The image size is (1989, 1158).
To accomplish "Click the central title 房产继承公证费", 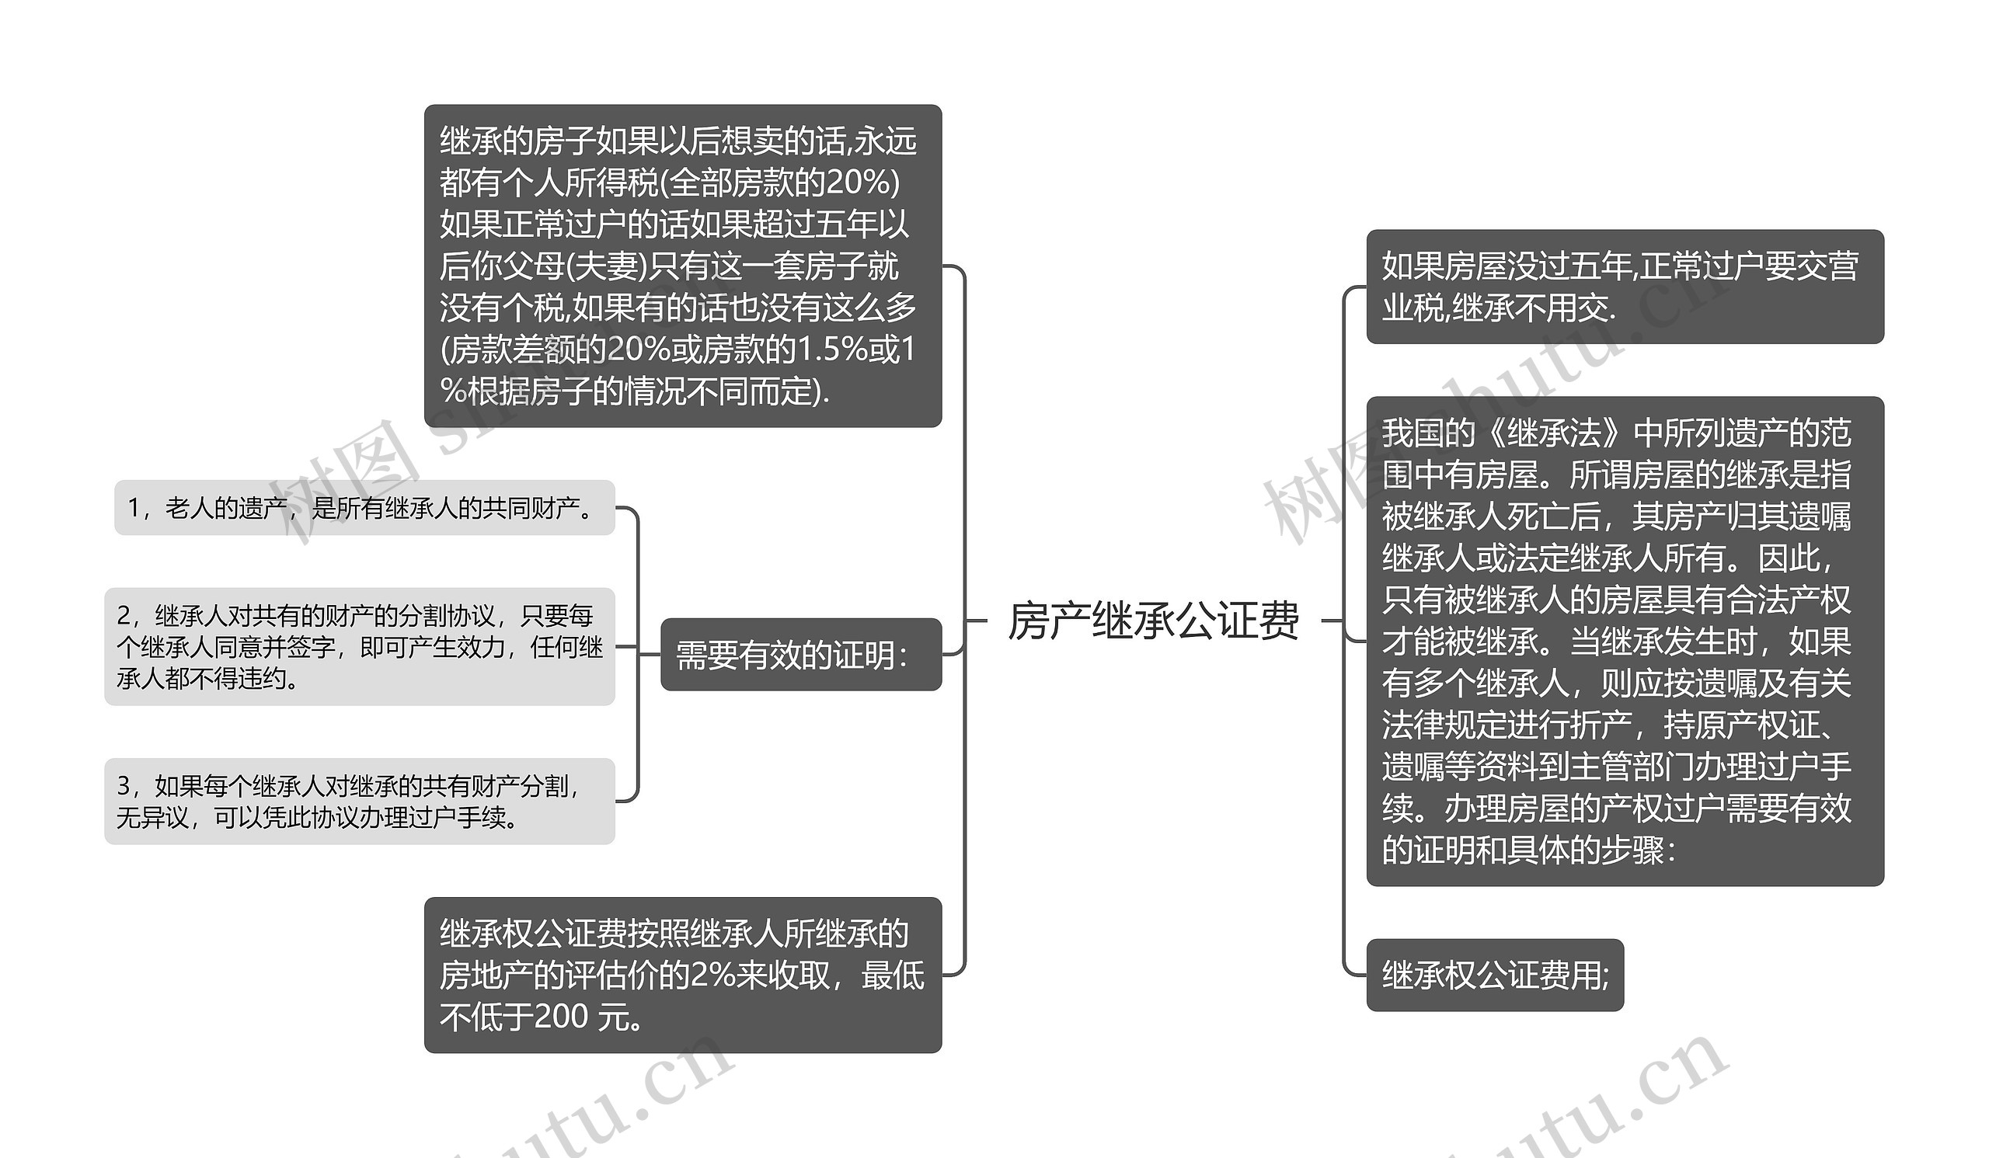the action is pos(1153,620).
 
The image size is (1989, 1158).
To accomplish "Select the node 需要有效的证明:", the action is pos(801,655).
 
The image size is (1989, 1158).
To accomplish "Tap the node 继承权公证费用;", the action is pos(1495,975).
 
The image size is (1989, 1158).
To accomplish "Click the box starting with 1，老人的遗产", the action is pos(364,508).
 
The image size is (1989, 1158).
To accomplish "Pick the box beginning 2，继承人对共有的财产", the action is pos(360,647).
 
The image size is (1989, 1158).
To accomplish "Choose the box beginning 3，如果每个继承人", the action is pos(360,802).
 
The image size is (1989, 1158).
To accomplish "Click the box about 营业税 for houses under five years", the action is pos(1625,287).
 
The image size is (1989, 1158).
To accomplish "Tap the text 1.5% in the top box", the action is pos(834,349).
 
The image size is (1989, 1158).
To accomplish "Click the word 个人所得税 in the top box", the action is pos(581,183).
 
